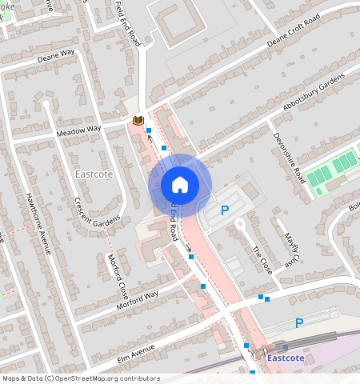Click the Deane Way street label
(x=55, y=54)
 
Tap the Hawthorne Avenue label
(x=38, y=223)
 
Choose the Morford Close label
(x=118, y=274)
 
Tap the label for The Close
(x=262, y=260)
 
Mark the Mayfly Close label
(x=291, y=247)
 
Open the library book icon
(x=138, y=121)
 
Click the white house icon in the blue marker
(x=180, y=185)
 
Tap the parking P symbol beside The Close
(x=225, y=211)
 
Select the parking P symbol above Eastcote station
(x=299, y=323)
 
